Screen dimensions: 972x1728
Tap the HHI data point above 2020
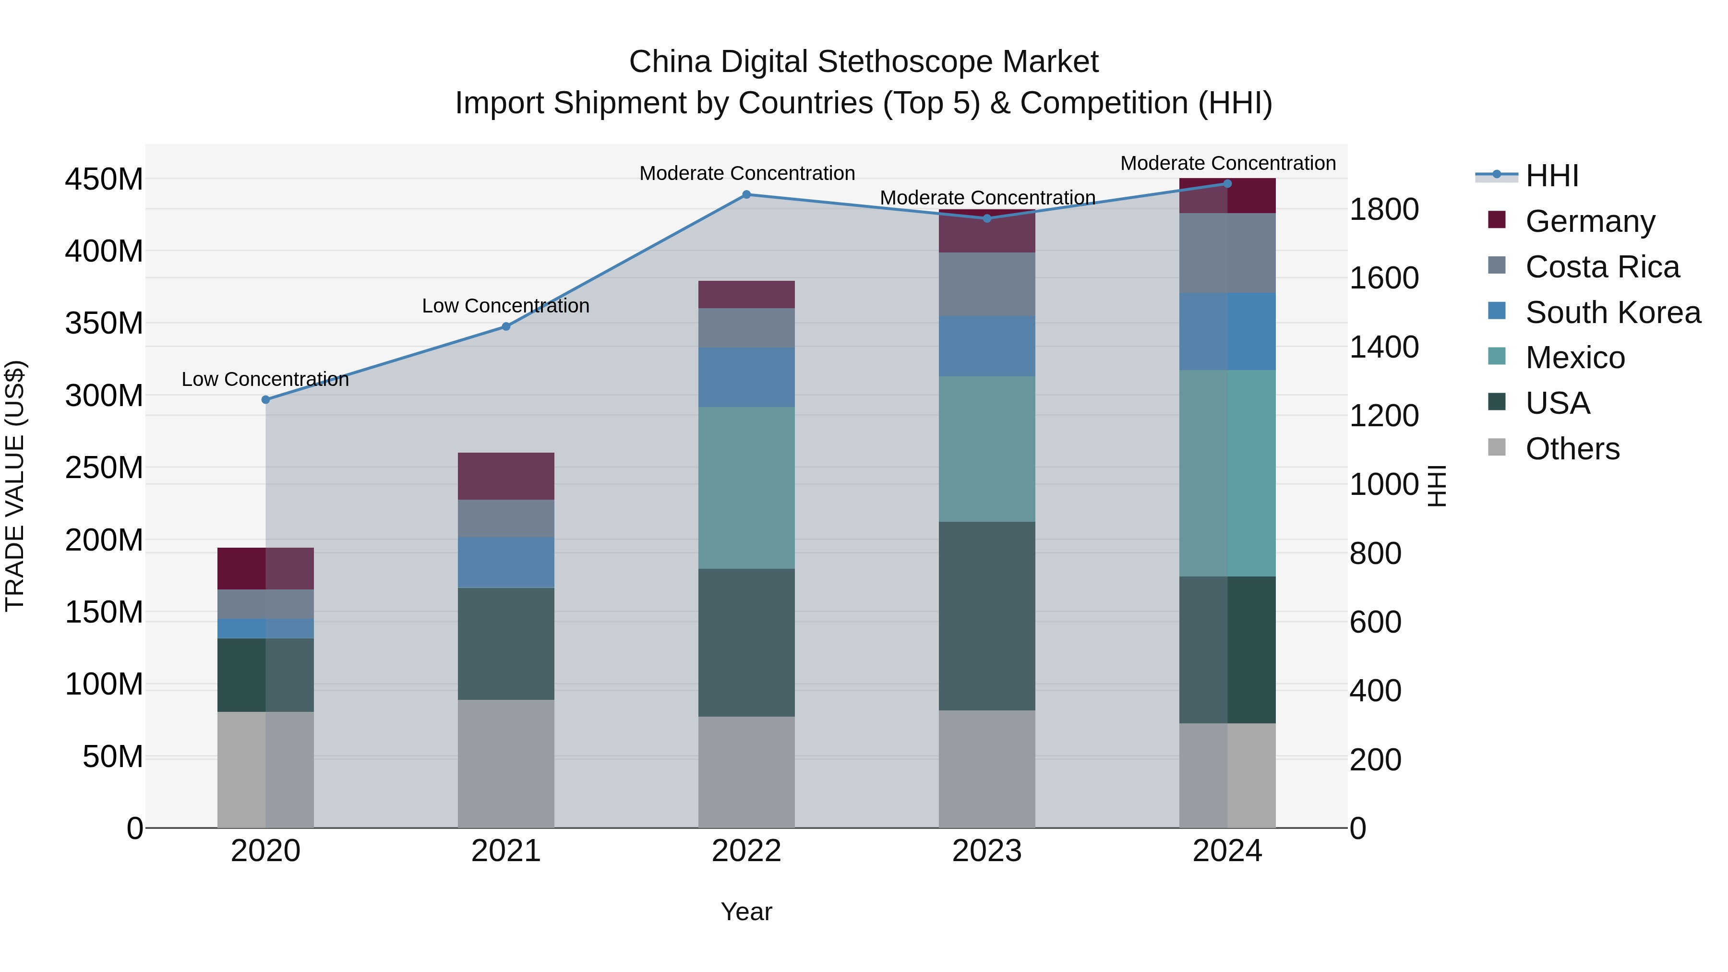pyautogui.click(x=265, y=400)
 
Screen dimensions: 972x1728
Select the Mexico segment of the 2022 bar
pyautogui.click(x=746, y=488)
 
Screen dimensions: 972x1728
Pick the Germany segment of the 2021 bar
pyautogui.click(x=506, y=476)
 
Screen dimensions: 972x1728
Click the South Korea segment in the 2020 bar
pyautogui.click(x=265, y=628)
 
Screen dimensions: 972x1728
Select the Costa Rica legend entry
pyautogui.click(x=1601, y=267)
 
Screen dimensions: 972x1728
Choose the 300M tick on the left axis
pyautogui.click(x=104, y=396)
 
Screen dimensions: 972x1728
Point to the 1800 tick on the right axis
pyautogui.click(x=1383, y=209)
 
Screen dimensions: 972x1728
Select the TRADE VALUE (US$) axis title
pyautogui.click(x=15, y=486)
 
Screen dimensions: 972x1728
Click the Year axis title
pyautogui.click(x=746, y=912)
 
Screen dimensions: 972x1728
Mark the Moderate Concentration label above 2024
pyautogui.click(x=1227, y=163)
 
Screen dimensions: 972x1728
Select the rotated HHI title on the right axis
pyautogui.click(x=1436, y=486)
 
